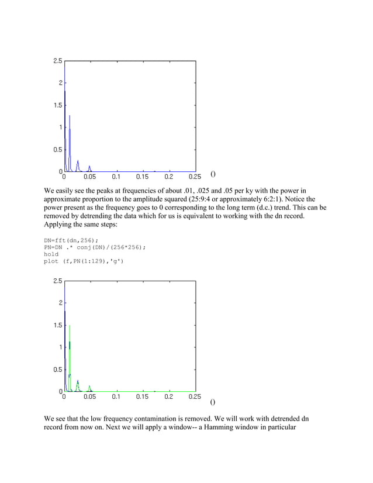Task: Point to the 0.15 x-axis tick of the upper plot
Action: coord(142,175)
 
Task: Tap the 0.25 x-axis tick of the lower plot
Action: coord(195,395)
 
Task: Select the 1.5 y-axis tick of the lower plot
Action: coord(56,325)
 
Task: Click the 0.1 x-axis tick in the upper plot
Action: coord(116,175)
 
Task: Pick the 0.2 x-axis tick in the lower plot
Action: coord(168,395)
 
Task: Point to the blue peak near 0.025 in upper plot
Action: coord(77,161)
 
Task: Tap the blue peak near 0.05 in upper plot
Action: coord(89,167)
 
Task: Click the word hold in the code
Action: coord(51,254)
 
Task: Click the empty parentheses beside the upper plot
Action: coord(213,174)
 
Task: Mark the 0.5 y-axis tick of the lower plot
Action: coord(56,369)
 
